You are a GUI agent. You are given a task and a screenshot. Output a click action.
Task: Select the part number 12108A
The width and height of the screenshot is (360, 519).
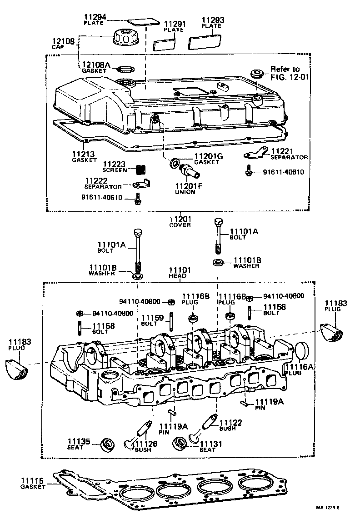point(96,65)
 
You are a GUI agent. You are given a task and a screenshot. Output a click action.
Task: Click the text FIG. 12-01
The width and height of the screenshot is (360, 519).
point(290,77)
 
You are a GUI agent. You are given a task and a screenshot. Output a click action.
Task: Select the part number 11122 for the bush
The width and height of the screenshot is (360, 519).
point(230,423)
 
